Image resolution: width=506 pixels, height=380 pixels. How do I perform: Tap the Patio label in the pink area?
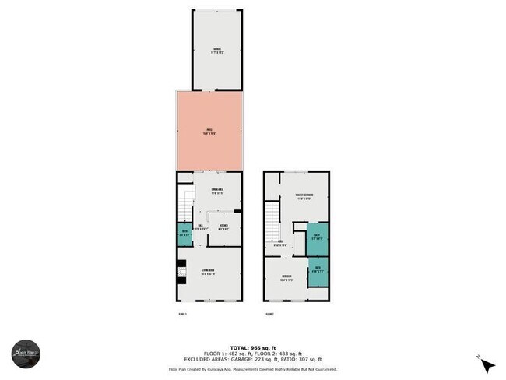click(x=209, y=131)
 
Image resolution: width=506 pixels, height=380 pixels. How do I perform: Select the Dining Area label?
click(x=217, y=192)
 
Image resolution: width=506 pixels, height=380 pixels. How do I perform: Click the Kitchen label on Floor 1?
click(x=223, y=228)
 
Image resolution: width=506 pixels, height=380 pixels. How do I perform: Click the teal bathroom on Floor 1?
click(x=184, y=234)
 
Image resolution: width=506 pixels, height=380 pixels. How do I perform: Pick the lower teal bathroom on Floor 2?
click(x=318, y=271)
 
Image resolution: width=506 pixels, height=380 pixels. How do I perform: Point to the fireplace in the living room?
click(x=181, y=273)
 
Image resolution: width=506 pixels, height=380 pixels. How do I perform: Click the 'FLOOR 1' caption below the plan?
click(x=183, y=315)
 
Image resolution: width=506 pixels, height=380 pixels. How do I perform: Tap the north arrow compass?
click(x=486, y=364)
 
